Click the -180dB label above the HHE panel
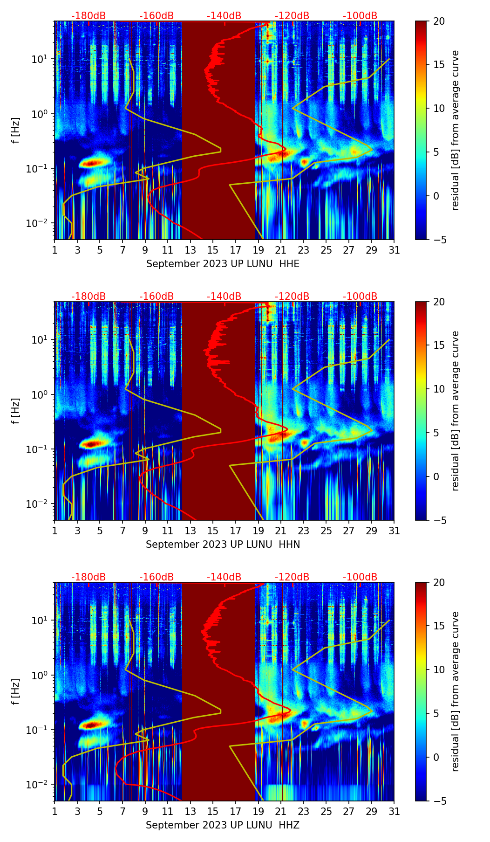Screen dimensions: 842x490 pos(88,16)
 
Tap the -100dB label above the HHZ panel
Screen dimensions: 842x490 pos(360,577)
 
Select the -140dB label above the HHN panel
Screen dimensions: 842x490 pos(224,297)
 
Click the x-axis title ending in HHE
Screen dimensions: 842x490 pos(223,264)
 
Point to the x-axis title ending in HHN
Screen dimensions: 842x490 pos(223,545)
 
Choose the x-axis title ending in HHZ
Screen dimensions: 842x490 pos(223,825)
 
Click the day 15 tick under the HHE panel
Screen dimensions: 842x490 pos(213,250)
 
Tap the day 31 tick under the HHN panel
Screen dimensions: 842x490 pos(394,531)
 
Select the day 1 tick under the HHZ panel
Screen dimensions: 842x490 pos(55,811)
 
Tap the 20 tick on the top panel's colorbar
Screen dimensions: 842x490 pos(439,21)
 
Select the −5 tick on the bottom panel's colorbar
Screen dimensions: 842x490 pos(439,801)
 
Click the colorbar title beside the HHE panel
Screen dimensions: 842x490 pos(455,130)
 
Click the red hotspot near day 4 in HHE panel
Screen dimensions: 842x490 pos(92,163)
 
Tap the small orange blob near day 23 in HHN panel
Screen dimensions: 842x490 pos(305,442)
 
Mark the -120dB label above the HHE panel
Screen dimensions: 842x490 pos(292,16)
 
